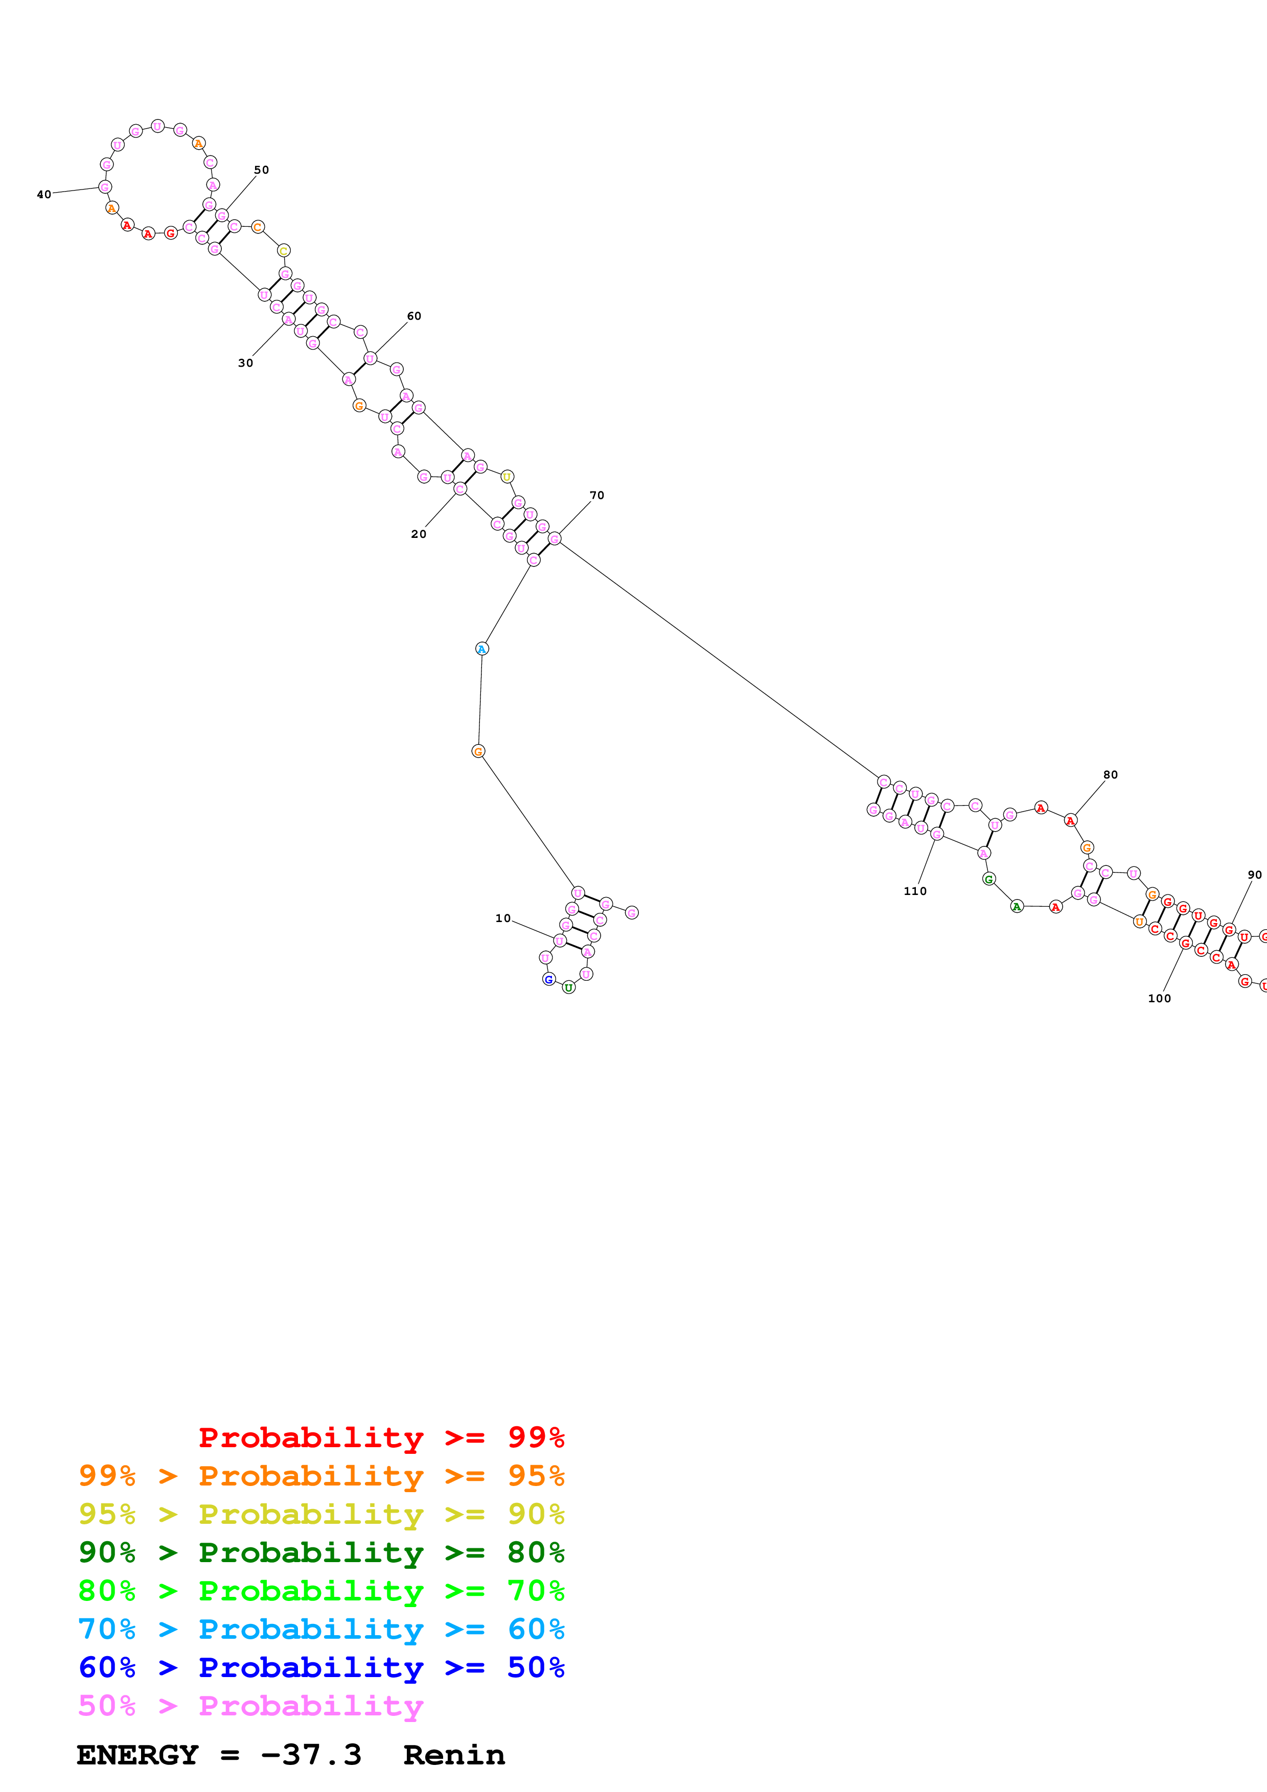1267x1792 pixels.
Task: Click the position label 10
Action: [503, 918]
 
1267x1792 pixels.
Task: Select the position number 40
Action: [44, 194]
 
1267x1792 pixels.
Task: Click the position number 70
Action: [596, 495]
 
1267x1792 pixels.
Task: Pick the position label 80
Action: [1110, 774]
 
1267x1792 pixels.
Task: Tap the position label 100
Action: [1159, 998]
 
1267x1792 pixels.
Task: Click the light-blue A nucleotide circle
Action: [481, 649]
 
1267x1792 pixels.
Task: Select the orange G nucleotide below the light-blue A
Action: [478, 751]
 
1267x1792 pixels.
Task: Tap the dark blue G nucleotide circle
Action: [549, 979]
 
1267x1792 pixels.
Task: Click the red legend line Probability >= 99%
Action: [381, 1437]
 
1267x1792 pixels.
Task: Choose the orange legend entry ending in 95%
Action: [321, 1475]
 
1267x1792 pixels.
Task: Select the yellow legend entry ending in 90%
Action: [321, 1514]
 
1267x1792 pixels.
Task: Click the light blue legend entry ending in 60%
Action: [321, 1629]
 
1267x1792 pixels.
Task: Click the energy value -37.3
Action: [311, 1755]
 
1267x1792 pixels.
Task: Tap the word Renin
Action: [454, 1755]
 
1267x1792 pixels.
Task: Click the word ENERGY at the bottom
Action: [137, 1755]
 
